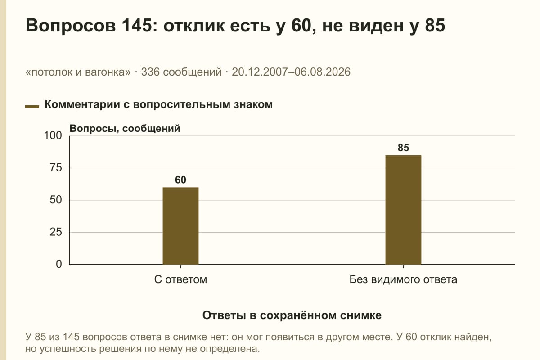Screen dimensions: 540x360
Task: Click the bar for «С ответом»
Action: pyautogui.click(x=180, y=226)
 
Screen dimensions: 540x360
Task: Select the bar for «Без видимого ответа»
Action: pyautogui.click(x=403, y=210)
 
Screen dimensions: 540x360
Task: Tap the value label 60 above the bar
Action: pyautogui.click(x=180, y=180)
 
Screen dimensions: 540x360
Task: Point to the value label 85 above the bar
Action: pyautogui.click(x=403, y=148)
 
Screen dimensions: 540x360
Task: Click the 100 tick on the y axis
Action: pyautogui.click(x=53, y=135)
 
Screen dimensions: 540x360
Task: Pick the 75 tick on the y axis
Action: pyautogui.click(x=56, y=168)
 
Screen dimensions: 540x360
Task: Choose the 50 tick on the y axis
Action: pyautogui.click(x=56, y=200)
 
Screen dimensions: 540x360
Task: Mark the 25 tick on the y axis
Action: pyautogui.click(x=56, y=232)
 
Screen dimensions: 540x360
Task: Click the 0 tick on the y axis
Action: pyautogui.click(x=59, y=264)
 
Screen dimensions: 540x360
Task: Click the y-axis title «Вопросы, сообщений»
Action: pyautogui.click(x=125, y=129)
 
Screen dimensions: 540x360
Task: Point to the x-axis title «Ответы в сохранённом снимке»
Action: pyautogui.click(x=292, y=315)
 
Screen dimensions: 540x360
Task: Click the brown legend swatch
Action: pyautogui.click(x=32, y=107)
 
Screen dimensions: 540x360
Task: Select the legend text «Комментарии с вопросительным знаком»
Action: pyautogui.click(x=158, y=105)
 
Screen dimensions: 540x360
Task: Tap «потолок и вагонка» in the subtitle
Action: pyautogui.click(x=78, y=72)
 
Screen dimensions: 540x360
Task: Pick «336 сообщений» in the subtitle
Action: pyautogui.click(x=181, y=72)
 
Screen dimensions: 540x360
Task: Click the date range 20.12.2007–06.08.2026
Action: pyautogui.click(x=291, y=72)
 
